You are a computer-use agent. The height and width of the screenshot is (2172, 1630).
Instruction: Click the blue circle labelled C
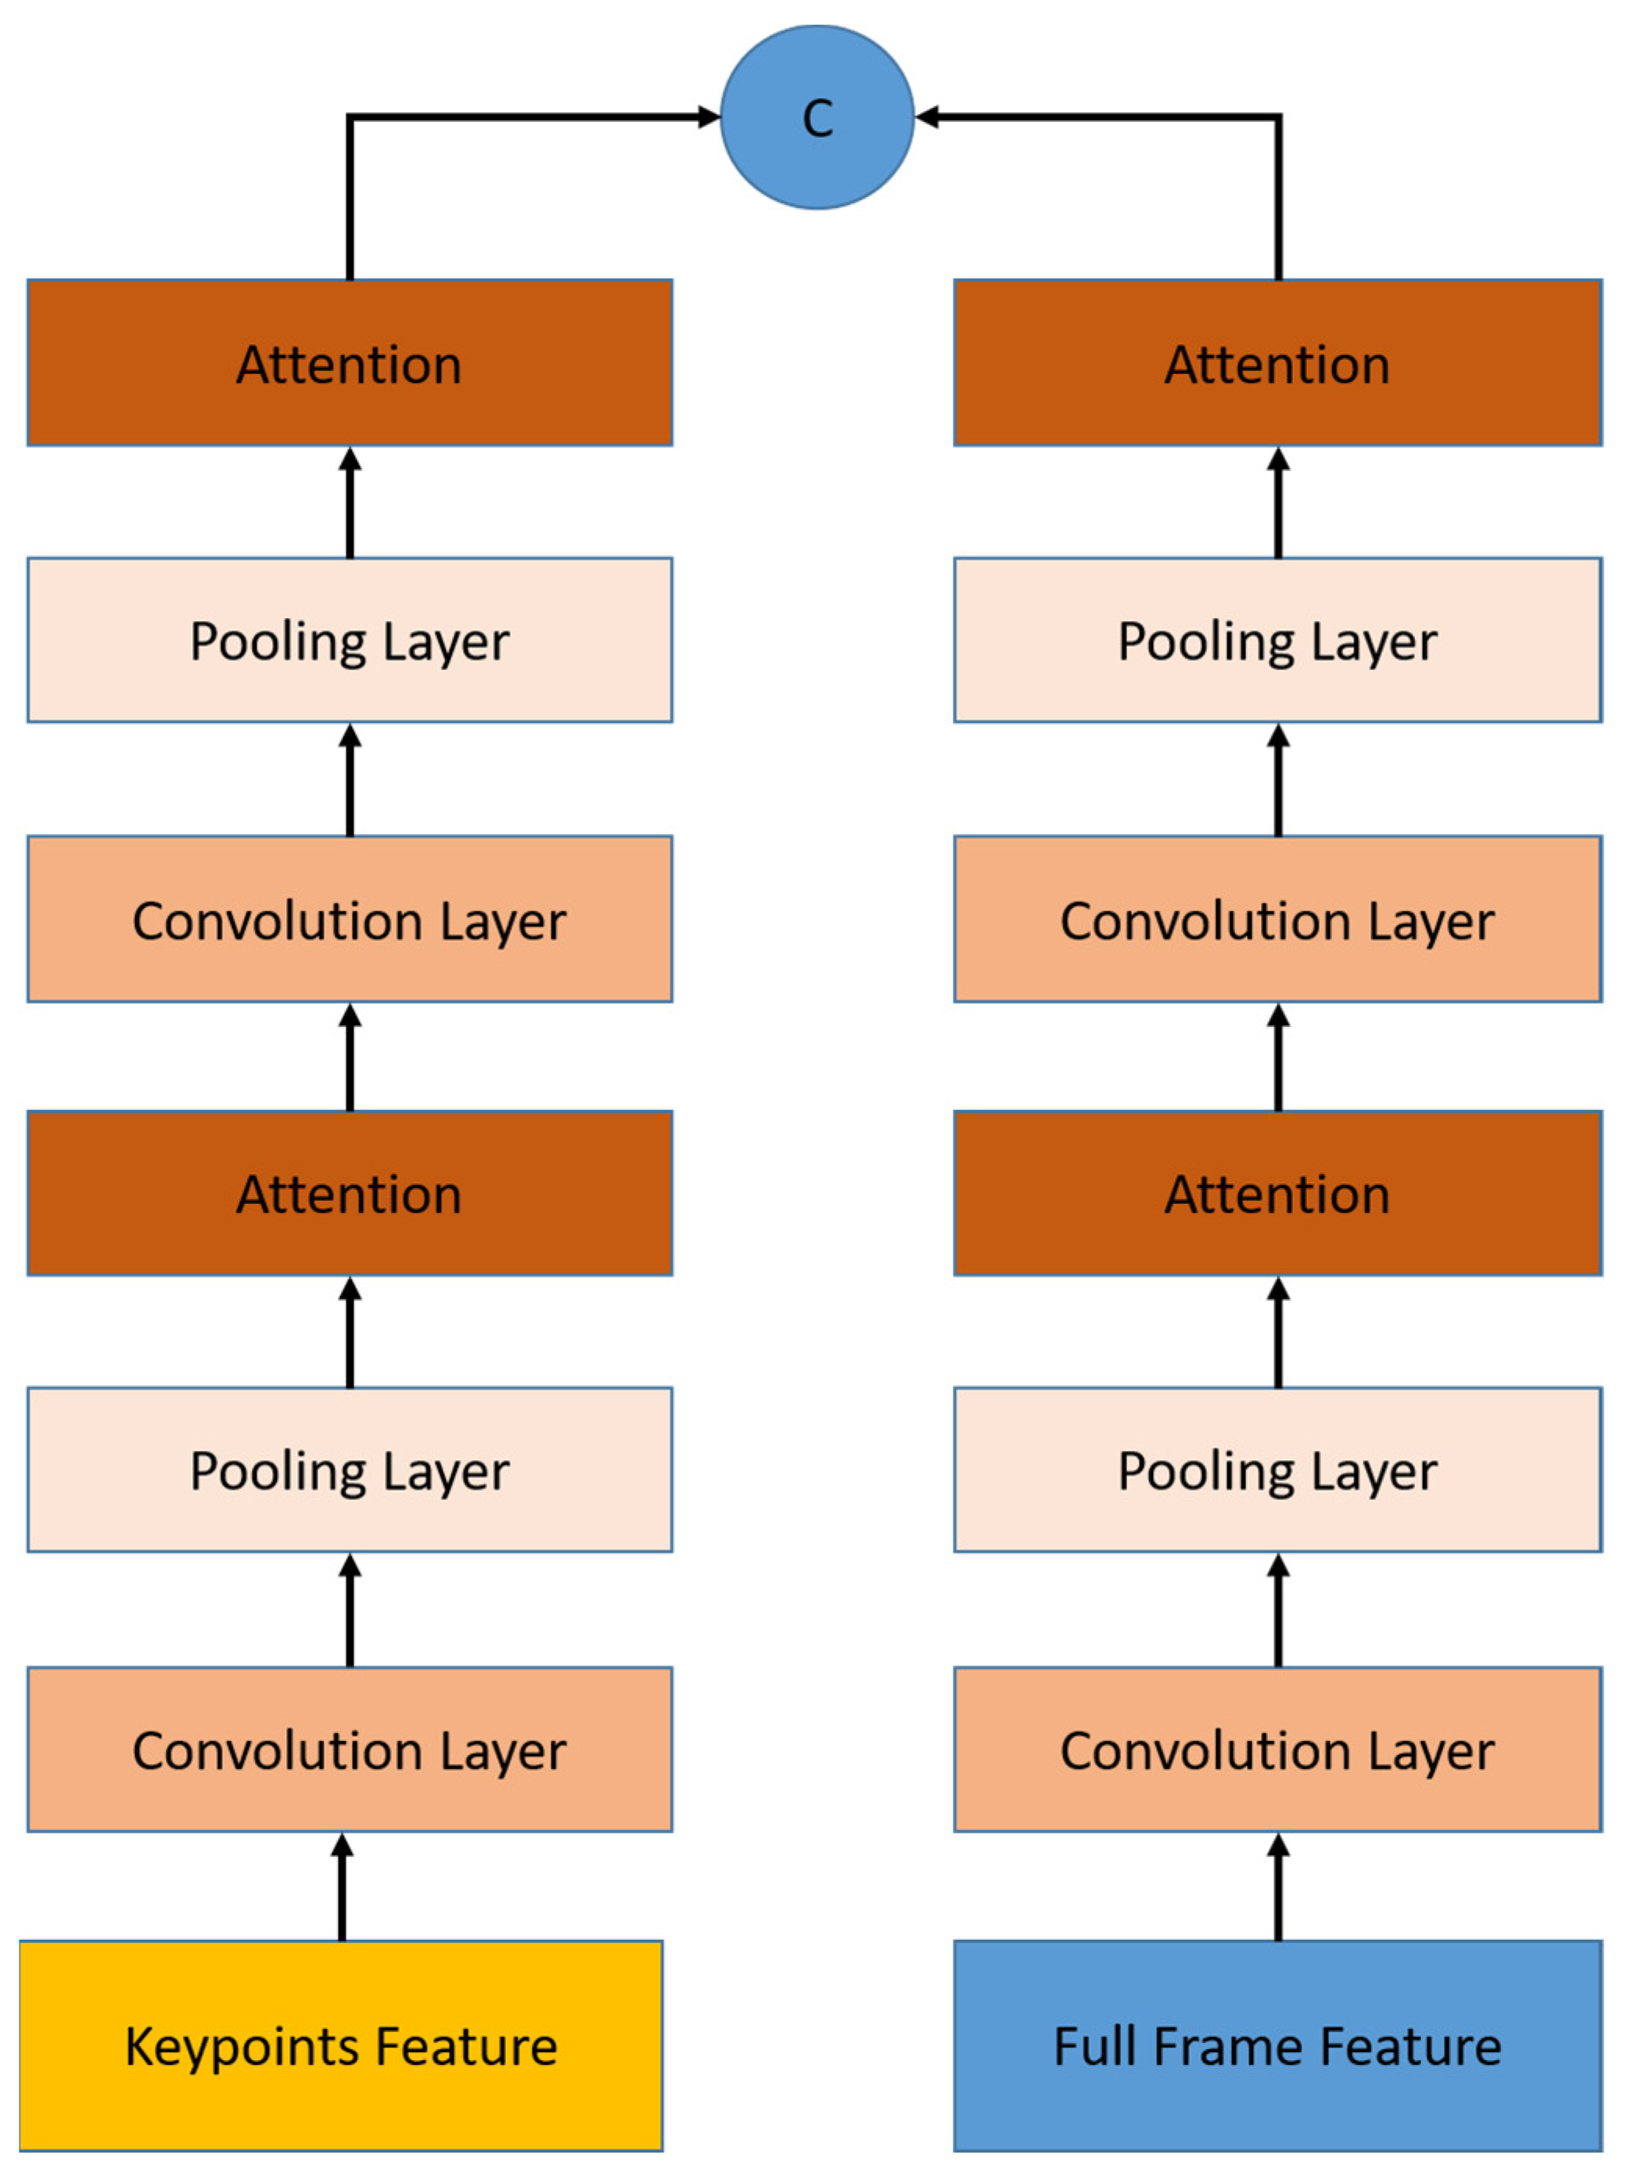pos(817,118)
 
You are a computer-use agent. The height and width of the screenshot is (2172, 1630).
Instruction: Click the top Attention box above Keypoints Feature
pos(350,364)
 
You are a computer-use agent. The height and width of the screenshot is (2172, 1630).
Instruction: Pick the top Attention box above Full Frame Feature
pos(1277,364)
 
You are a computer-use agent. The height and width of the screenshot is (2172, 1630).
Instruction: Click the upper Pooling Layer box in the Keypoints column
pos(350,641)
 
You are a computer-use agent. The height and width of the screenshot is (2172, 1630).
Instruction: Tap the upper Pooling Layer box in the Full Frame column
pos(1277,641)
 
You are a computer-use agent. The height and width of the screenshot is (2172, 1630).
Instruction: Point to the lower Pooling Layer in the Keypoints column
pos(350,1470)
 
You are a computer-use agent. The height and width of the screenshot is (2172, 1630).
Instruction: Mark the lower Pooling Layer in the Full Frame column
pos(1277,1470)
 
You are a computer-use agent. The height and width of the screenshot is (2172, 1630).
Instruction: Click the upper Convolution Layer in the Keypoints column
pos(350,919)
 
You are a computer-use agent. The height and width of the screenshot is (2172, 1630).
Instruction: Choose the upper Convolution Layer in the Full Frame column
pos(1277,919)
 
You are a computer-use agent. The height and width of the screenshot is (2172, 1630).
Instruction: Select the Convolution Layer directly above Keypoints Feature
pos(350,1749)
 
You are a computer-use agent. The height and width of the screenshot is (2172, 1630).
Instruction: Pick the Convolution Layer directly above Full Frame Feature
pos(1277,1749)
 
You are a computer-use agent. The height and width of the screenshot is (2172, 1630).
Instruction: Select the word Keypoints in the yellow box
pos(243,2048)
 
